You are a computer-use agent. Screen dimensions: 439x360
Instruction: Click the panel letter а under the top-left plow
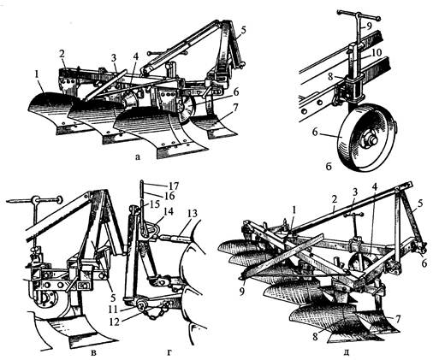pyautogui.click(x=138, y=156)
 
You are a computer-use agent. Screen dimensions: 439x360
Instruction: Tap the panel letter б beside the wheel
pyautogui.click(x=329, y=166)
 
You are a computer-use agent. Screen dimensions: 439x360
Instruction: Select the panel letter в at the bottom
pyautogui.click(x=93, y=353)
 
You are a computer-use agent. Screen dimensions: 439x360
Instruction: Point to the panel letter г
pyautogui.click(x=169, y=353)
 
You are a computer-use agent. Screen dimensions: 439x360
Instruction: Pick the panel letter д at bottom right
pyautogui.click(x=346, y=353)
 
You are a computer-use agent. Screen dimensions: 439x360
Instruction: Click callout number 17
pyautogui.click(x=173, y=186)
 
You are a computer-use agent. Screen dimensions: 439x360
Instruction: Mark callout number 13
pyautogui.click(x=193, y=214)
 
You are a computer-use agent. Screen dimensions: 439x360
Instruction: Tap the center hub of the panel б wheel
pyautogui.click(x=370, y=141)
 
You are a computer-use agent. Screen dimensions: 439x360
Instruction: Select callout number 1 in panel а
pyautogui.click(x=36, y=74)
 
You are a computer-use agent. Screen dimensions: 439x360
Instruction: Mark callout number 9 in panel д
pyautogui.click(x=242, y=292)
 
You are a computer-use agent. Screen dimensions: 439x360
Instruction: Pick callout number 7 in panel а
pyautogui.click(x=235, y=108)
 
